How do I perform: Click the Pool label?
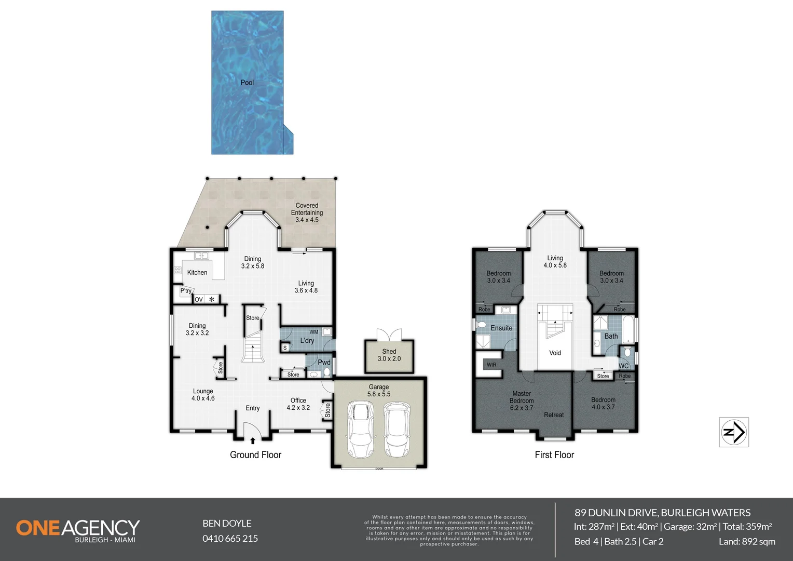click(x=247, y=83)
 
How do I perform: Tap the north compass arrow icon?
click(x=734, y=432)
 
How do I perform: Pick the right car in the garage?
click(x=396, y=428)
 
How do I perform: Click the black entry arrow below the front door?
click(x=253, y=441)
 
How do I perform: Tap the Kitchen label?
click(x=197, y=272)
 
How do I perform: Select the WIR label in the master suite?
click(x=491, y=365)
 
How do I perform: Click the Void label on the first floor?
click(x=555, y=353)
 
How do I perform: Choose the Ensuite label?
click(x=501, y=328)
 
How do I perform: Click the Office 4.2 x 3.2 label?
click(x=298, y=404)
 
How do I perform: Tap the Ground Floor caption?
click(x=255, y=455)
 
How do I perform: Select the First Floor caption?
click(x=554, y=455)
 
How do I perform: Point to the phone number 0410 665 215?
click(x=230, y=539)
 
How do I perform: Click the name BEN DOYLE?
click(x=227, y=523)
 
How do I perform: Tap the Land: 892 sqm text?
click(x=747, y=541)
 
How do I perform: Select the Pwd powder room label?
click(x=324, y=363)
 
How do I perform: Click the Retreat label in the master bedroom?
click(x=554, y=415)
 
